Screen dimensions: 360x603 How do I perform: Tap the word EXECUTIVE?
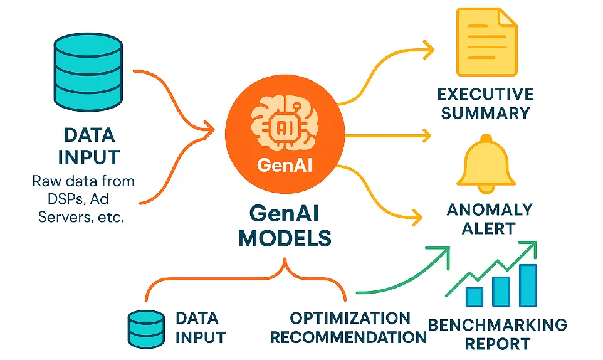[486, 95]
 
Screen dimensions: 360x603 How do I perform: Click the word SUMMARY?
[486, 114]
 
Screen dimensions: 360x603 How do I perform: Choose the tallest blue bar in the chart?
[527, 285]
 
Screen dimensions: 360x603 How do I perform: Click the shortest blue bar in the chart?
[475, 296]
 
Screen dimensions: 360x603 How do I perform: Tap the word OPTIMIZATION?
[349, 318]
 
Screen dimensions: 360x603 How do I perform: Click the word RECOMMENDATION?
[348, 337]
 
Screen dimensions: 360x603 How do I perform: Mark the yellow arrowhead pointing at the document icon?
[429, 48]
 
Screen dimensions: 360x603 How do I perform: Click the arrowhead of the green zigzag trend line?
[533, 246]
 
